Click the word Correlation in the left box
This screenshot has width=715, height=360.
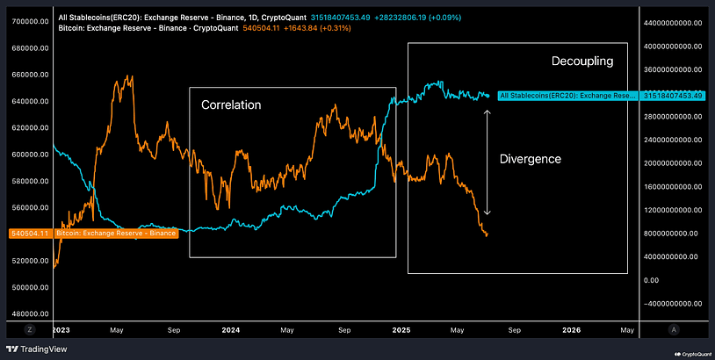231,104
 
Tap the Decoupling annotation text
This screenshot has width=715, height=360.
581,61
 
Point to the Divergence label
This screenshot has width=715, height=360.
530,159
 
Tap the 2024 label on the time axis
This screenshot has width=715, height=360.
231,329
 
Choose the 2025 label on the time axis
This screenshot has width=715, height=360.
401,329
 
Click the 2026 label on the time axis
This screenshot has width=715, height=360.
571,329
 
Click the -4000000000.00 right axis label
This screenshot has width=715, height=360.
674,304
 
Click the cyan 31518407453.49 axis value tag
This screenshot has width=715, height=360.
674,95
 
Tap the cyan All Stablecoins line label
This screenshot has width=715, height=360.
567,95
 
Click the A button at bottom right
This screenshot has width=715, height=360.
673,329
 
